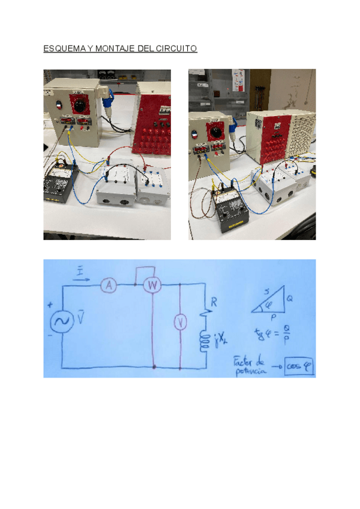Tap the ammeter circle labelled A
point(108,286)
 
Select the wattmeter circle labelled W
point(154,286)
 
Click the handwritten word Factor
point(244,362)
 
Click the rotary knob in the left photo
point(78,105)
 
